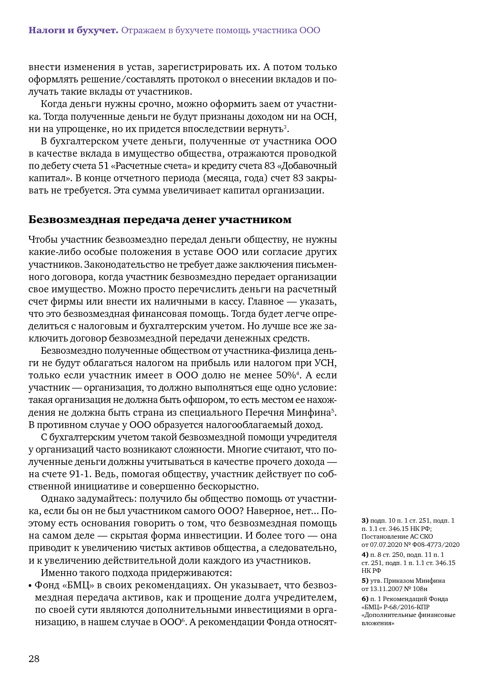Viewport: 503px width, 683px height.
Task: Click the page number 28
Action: (x=34, y=659)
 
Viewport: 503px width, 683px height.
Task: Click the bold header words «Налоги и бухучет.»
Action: (x=73, y=31)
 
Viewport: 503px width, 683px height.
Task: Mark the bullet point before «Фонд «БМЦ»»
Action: (x=30, y=586)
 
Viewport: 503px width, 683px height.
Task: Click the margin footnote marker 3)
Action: (x=365, y=520)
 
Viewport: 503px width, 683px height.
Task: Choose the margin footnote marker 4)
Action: (x=365, y=555)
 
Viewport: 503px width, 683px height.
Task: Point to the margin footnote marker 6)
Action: (x=365, y=599)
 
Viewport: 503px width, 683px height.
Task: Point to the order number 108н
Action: (x=420, y=589)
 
